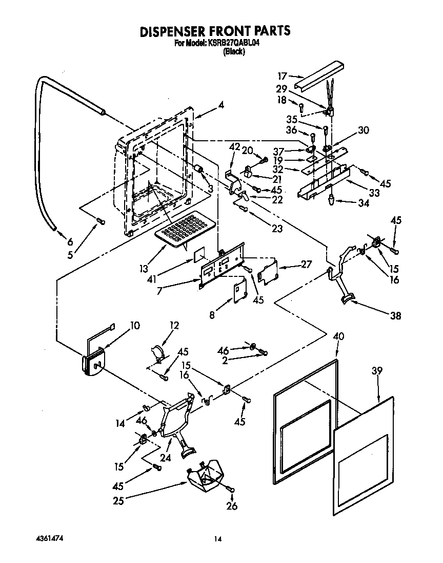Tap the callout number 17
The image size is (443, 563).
click(282, 76)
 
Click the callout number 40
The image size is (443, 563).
click(338, 336)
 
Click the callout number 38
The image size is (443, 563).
click(395, 315)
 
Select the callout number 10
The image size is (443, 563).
click(134, 325)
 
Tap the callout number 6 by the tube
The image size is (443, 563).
click(70, 242)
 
